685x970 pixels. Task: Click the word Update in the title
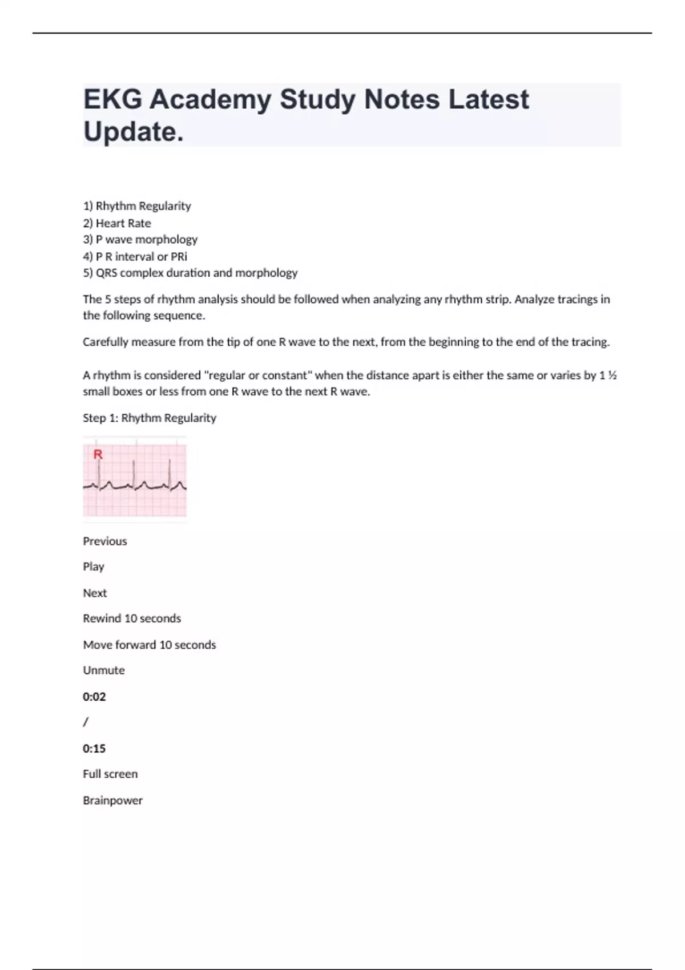pos(133,132)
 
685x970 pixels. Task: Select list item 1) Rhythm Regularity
pos(137,206)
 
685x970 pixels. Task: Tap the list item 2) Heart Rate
pos(117,223)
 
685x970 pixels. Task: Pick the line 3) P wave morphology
pos(140,240)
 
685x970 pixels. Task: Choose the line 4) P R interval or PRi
pos(135,256)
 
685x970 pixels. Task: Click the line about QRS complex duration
pos(190,273)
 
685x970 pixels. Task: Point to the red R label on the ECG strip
pos(98,455)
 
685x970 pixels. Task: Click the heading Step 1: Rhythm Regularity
pos(150,418)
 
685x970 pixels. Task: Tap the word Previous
pos(105,541)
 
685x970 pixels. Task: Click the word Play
pos(94,567)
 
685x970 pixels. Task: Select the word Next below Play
pos(95,593)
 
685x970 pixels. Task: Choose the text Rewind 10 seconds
pos(132,619)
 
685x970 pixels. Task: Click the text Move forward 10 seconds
pos(150,645)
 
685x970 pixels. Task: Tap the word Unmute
pos(104,670)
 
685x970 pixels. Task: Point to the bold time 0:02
pos(94,697)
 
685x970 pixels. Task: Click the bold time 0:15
pos(94,749)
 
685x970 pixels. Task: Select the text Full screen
pos(110,774)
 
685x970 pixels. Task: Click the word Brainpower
pos(112,801)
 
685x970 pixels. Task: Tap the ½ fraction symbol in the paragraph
pos(612,375)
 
